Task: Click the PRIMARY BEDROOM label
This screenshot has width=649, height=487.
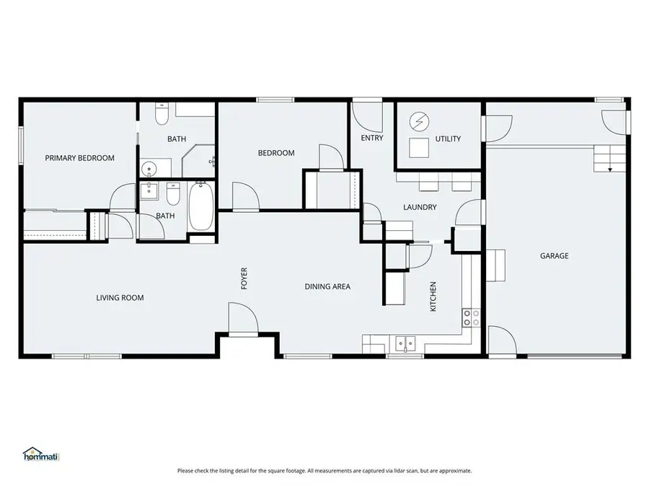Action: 79,158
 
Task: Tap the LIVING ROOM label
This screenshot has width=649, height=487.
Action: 120,297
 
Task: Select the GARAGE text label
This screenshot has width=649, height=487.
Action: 555,255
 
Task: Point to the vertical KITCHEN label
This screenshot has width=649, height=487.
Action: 433,296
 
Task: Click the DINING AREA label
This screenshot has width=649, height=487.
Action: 327,286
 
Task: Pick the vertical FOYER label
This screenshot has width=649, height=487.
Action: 244,278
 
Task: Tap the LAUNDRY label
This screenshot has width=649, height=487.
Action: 420,207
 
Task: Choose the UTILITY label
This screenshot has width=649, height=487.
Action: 448,139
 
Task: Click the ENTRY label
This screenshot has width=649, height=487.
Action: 371,138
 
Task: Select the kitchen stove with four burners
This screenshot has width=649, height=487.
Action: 471,318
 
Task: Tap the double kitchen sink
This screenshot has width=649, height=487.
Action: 406,343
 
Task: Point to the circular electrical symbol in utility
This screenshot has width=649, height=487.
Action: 418,121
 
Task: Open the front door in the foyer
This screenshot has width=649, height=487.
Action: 242,319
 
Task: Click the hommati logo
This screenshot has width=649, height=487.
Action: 41,455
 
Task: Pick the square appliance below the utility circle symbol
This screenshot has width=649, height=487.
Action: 418,148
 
